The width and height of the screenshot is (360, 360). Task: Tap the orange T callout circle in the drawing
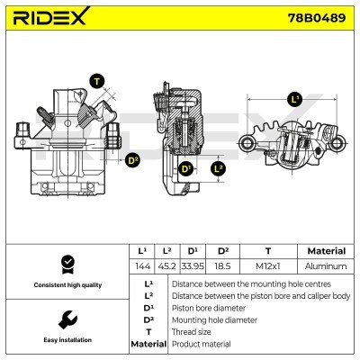coord(97,80)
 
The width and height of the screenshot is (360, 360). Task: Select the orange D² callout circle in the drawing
coord(134,162)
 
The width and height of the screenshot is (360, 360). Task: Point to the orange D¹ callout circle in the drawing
coord(186,169)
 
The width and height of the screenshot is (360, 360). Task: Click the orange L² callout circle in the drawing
coord(219,168)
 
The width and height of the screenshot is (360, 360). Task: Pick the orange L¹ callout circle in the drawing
coord(294,99)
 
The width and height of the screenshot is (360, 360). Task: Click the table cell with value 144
coord(142,266)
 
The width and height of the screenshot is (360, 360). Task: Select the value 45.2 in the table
coord(167,266)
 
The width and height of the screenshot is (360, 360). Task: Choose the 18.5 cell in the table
coord(222,266)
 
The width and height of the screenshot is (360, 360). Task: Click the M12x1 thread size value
coord(268,266)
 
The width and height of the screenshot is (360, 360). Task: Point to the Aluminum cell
coord(326,266)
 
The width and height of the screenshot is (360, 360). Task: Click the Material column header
coord(326,251)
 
